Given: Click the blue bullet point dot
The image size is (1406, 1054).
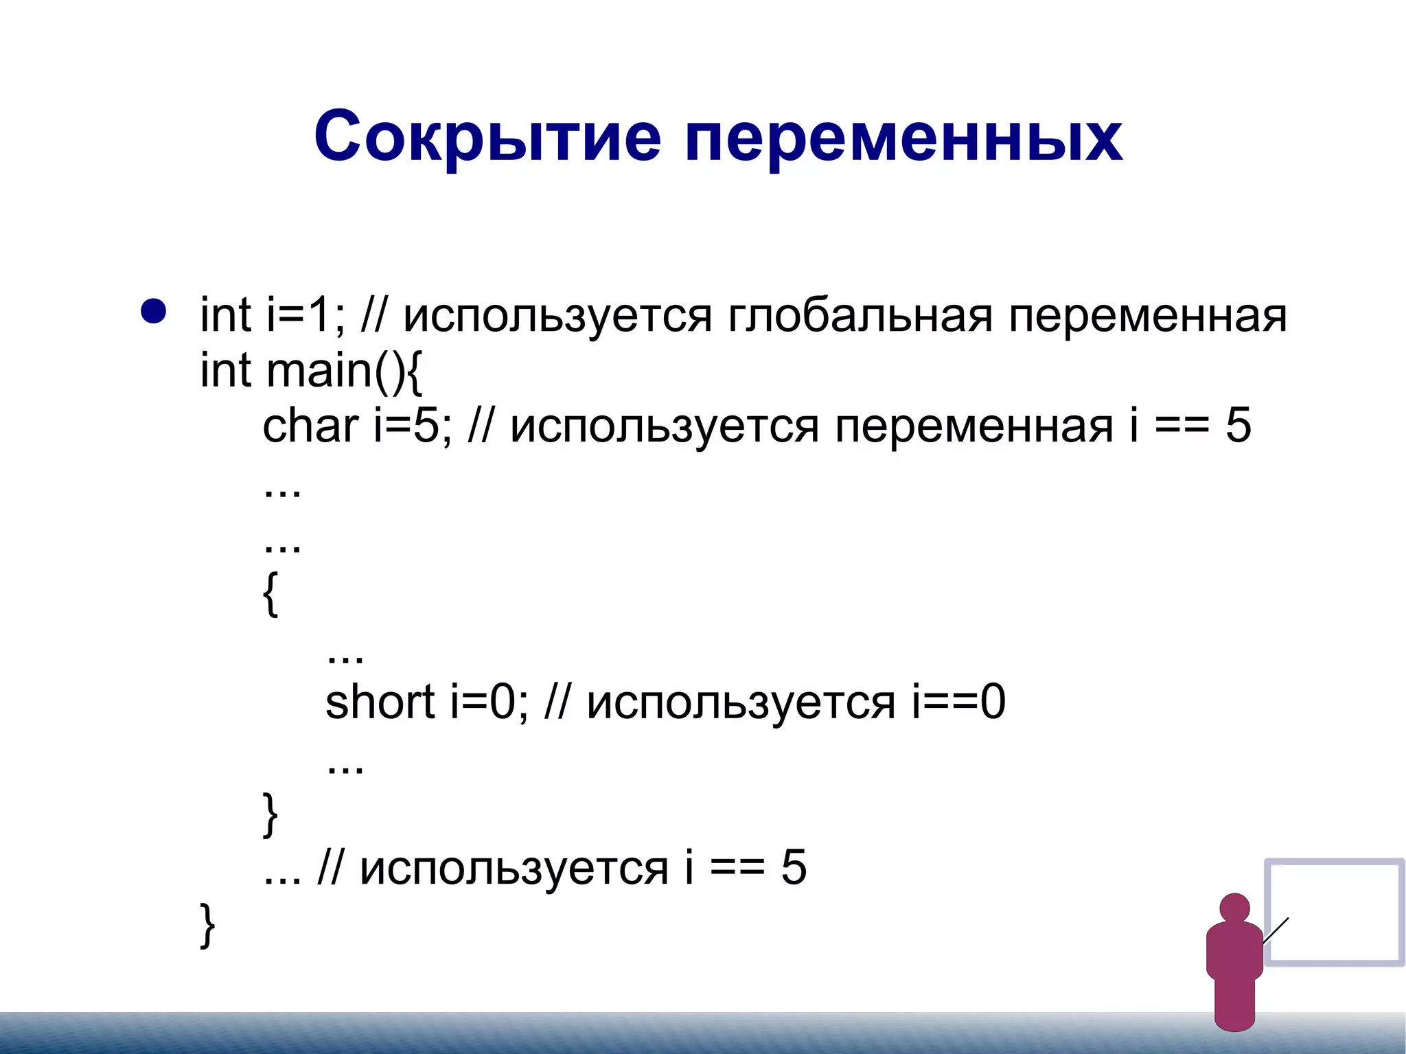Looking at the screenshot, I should point(153,311).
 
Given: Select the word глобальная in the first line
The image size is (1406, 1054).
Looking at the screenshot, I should point(860,317).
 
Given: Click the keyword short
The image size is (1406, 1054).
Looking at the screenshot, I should point(380,702).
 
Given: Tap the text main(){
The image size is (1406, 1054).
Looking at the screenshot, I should point(343,371).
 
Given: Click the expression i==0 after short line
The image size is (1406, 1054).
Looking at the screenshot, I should point(958,702).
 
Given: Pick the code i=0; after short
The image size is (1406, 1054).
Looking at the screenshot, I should point(489,702).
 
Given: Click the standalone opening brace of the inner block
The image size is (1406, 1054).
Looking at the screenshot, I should point(270,595).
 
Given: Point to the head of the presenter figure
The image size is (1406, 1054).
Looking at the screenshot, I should point(1234,908).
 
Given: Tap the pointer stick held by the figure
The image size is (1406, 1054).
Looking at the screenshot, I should point(1276,930).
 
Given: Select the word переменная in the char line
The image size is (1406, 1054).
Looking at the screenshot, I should point(974,427).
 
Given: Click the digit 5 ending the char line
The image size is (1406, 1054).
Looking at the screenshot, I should point(1238,426).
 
